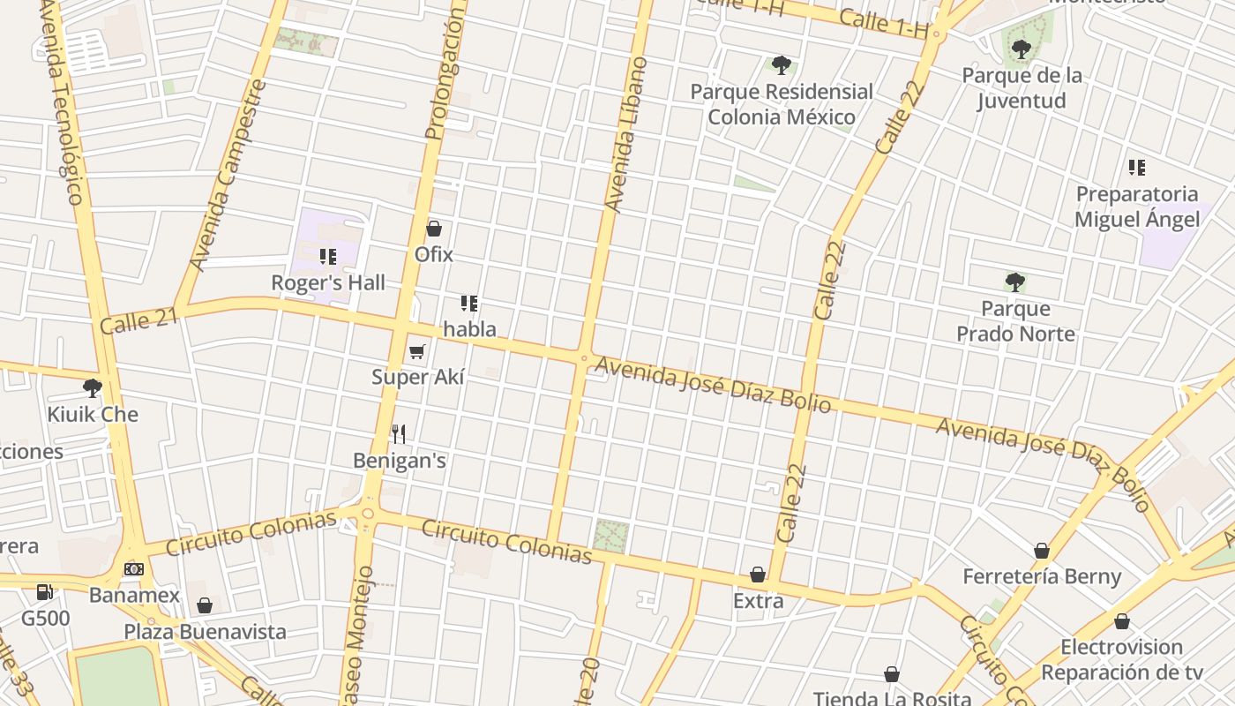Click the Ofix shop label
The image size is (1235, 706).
434,255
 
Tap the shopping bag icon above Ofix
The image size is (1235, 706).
434,229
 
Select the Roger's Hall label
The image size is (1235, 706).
328,283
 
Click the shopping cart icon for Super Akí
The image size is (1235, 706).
417,352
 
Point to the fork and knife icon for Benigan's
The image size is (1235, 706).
399,433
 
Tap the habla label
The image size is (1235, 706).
469,329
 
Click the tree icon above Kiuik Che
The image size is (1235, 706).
92,388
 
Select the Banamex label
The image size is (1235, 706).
134,596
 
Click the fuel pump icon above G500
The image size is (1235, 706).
44,591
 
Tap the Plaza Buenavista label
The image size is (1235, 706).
205,632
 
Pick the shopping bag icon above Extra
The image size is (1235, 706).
758,575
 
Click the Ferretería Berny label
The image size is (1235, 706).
1042,577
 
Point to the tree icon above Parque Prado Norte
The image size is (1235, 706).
1014,282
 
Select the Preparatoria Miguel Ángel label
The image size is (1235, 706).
1137,207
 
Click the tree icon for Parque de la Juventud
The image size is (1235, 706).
1021,49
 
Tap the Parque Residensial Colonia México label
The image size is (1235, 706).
782,104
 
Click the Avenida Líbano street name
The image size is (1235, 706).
626,134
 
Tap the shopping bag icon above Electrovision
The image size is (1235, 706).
1121,622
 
